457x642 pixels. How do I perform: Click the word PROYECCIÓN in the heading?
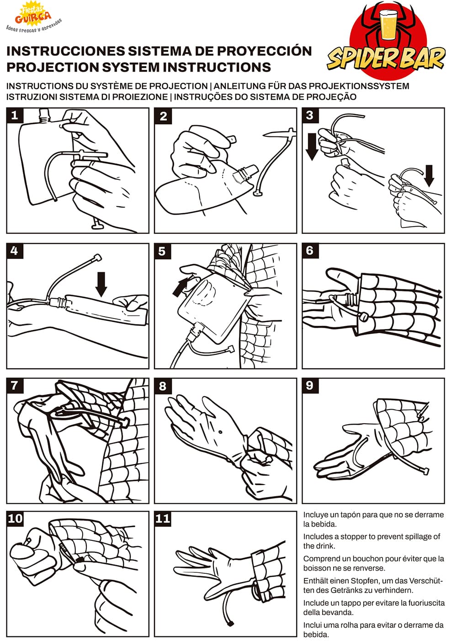pyautogui.click(x=264, y=51)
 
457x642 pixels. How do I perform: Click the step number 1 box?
pyautogui.click(x=14, y=115)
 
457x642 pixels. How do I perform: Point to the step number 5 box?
pyautogui.click(x=162, y=251)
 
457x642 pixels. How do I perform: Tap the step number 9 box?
pyautogui.click(x=310, y=385)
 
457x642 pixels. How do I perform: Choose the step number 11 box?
pyautogui.click(x=163, y=518)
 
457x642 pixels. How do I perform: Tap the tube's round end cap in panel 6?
pyautogui.click(x=364, y=317)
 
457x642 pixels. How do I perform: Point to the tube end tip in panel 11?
pyautogui.click(x=230, y=623)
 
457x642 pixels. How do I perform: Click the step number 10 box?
pyautogui.click(x=15, y=518)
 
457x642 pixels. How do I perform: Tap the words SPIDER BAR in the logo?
pyautogui.click(x=386, y=59)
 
